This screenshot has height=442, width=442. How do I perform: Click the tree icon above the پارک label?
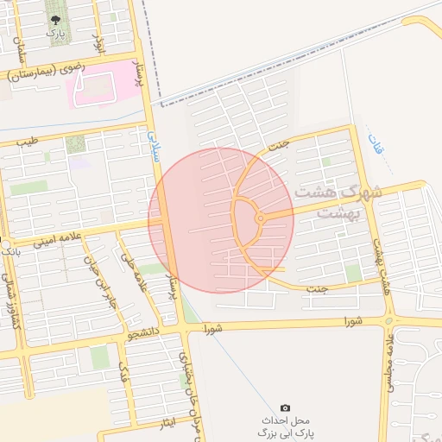(56, 19)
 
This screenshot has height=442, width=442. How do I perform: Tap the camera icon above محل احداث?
(286, 407)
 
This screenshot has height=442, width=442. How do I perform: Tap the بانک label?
(11, 250)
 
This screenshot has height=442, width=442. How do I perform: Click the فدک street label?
(124, 373)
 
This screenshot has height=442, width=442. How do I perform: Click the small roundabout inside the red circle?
(260, 219)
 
